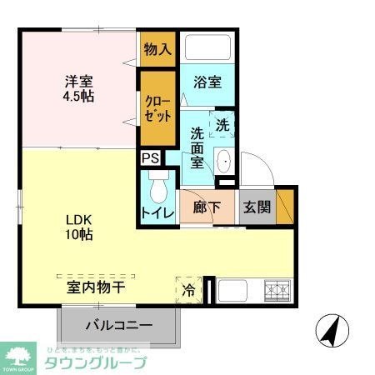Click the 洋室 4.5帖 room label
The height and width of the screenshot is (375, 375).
tap(81, 88)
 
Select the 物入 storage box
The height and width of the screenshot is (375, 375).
tap(157, 50)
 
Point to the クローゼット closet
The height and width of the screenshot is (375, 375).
tap(157, 108)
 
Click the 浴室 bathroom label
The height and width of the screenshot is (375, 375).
tap(207, 82)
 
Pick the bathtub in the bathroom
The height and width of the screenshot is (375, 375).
tap(209, 48)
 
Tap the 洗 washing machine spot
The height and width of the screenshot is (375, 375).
tap(222, 124)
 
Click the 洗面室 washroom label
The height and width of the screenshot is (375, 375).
tap(197, 147)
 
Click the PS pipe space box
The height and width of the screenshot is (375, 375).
tap(150, 157)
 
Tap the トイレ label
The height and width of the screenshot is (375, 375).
tap(157, 212)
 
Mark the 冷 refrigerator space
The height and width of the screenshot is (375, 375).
tap(188, 290)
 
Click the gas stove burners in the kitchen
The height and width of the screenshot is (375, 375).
tap(277, 290)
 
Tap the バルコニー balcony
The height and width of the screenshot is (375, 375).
tap(117, 326)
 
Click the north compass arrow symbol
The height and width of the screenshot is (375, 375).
tap(331, 331)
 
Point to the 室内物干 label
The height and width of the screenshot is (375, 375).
tap(96, 287)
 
